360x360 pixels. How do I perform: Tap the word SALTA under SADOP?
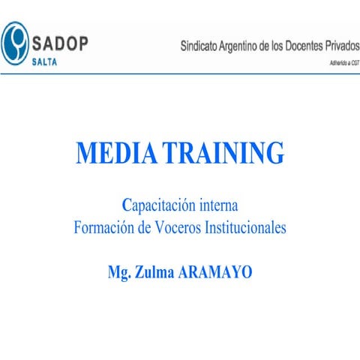pyautogui.click(x=49, y=61)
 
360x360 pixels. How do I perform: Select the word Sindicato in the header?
pyautogui.click(x=202, y=45)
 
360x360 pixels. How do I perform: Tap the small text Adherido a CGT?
pyautogui.click(x=335, y=63)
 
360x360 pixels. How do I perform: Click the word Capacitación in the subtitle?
pyautogui.click(x=158, y=204)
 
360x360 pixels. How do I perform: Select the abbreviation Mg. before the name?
pyautogui.click(x=120, y=271)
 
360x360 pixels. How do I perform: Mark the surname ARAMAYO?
pyautogui.click(x=215, y=271)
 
